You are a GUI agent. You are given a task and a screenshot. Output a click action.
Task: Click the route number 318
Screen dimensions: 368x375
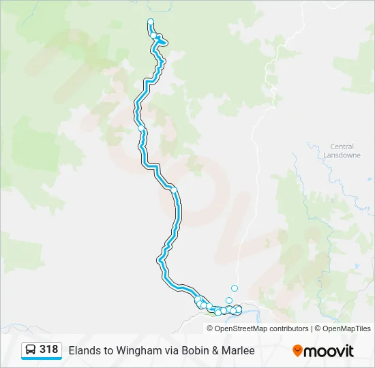(x=48, y=350)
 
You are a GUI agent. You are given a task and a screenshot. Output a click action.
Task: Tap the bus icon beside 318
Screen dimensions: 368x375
(x=31, y=350)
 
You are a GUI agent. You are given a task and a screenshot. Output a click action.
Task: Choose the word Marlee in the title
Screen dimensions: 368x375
(x=238, y=351)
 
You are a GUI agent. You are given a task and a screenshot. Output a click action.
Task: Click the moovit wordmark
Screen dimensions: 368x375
(x=329, y=351)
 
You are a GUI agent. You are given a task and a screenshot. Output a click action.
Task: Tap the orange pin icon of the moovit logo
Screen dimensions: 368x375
(x=297, y=351)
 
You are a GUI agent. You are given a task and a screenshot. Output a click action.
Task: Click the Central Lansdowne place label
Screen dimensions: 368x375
(x=342, y=151)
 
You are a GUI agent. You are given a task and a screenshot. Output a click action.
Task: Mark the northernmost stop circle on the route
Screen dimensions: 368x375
(x=151, y=22)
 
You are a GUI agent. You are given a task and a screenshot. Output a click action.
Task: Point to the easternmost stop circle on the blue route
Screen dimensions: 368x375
(x=238, y=309)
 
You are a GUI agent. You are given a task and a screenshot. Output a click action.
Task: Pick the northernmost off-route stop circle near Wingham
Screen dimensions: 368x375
(x=235, y=288)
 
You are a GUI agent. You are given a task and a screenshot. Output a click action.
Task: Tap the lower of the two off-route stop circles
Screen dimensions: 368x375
(x=229, y=301)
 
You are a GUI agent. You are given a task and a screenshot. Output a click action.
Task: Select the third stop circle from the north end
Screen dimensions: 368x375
(x=141, y=128)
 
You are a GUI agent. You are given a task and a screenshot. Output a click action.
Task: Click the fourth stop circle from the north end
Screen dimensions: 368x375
(x=174, y=189)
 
